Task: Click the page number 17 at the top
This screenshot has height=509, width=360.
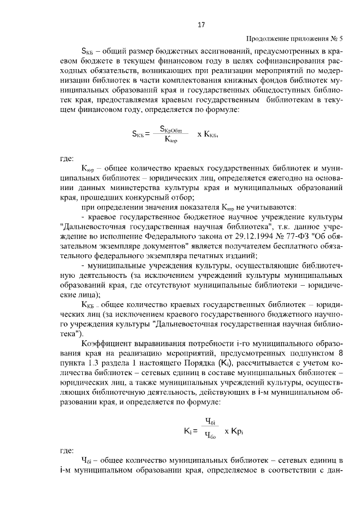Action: point(201,25)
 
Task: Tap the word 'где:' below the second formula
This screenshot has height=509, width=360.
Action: point(67,451)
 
